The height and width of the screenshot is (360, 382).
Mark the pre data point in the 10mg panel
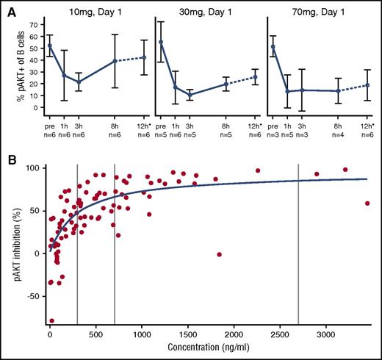pos(50,46)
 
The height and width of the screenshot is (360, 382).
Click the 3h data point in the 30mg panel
pos(190,96)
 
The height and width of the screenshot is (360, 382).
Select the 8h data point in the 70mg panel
pos(336,91)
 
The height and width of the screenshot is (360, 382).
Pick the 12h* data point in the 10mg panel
pos(145,57)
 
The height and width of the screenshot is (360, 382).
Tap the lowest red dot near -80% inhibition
pos(51,321)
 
